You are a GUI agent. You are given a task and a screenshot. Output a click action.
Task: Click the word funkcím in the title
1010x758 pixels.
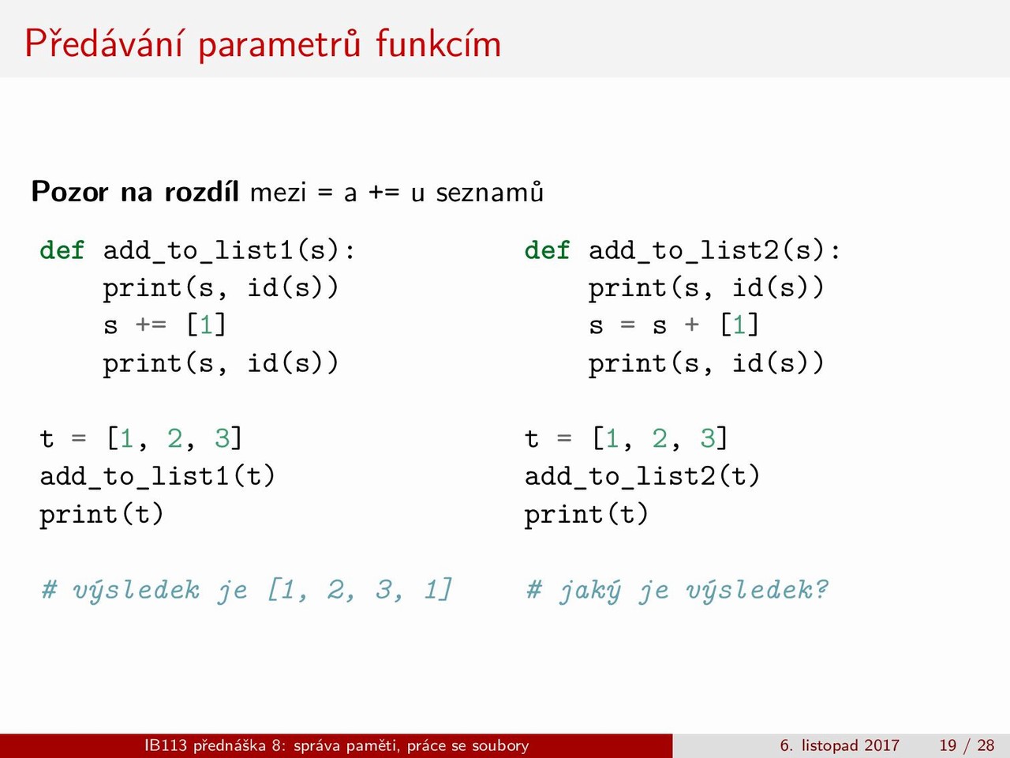click(438, 43)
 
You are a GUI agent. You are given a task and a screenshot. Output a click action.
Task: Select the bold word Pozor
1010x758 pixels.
click(70, 191)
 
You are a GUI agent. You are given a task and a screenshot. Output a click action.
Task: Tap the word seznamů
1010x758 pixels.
click(489, 192)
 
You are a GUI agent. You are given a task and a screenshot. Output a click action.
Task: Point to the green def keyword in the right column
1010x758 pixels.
click(547, 251)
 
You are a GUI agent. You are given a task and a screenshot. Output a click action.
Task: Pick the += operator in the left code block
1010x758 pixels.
click(151, 325)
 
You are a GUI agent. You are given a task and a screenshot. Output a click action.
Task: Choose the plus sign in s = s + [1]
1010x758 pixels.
click(691, 325)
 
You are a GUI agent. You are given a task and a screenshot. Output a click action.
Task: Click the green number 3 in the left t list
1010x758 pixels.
click(223, 437)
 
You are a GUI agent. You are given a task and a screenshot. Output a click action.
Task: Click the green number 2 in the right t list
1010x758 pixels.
click(660, 437)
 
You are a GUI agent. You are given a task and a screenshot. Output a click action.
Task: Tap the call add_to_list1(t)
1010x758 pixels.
click(157, 476)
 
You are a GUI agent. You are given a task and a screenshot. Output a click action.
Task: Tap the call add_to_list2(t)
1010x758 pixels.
click(642, 476)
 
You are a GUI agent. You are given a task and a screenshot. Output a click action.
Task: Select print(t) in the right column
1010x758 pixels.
click(586, 514)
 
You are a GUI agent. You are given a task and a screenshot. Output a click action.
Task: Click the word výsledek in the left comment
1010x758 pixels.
click(137, 591)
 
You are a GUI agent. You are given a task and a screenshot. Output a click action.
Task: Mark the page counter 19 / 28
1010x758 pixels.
click(967, 745)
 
